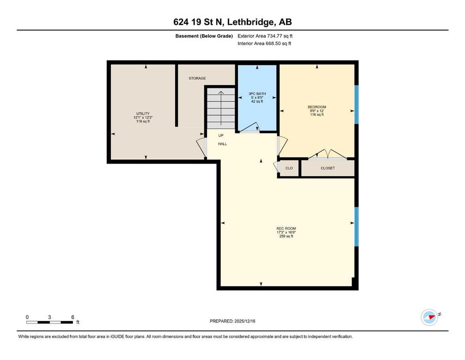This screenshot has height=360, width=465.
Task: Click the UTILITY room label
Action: click(143, 113)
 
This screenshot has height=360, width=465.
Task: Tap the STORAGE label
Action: click(197, 78)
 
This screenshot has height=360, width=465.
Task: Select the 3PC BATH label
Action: click(257, 94)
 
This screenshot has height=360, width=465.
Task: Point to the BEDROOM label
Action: click(317, 107)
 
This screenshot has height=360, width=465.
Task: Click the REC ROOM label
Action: click(286, 229)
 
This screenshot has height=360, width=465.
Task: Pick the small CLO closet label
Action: click(289, 168)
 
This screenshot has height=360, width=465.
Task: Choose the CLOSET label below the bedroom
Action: click(328, 168)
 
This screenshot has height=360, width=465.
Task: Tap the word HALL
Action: click(222, 144)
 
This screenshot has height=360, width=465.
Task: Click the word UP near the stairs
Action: click(221, 135)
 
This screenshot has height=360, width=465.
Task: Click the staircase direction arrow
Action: click(221, 110)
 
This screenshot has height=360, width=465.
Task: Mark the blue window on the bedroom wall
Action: click(356, 105)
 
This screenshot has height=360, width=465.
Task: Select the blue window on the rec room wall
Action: click(356, 227)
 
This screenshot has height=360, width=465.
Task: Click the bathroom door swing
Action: click(249, 127)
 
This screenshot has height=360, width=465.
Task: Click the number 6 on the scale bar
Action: click(73, 317)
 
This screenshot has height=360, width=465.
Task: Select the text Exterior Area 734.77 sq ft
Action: click(265, 36)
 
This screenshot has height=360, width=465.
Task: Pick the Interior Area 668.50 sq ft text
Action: click(264, 44)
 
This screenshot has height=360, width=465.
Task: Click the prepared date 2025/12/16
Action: click(244, 321)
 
